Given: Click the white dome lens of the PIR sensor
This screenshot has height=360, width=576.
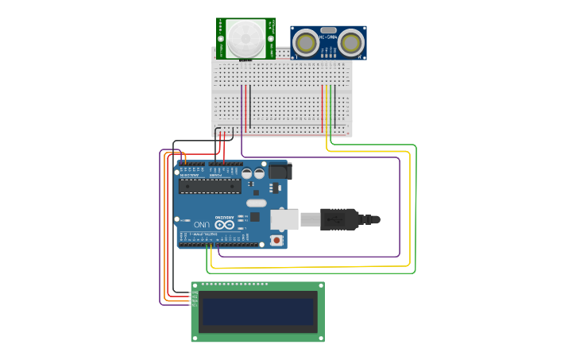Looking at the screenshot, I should coord(245,36).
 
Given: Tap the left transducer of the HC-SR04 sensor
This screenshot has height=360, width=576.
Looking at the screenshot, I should coord(303,42).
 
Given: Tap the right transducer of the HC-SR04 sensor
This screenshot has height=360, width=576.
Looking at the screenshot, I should coord(353,42).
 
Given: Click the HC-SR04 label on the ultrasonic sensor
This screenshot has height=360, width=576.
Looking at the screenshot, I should coord(328,36).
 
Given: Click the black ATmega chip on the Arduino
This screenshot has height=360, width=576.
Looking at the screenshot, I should coord(210,186).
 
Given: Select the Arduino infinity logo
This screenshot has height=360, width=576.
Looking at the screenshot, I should coord(225,225).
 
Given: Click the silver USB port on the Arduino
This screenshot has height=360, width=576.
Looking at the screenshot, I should coord(285,219).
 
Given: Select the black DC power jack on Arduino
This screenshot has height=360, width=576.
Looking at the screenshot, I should coord(279,171).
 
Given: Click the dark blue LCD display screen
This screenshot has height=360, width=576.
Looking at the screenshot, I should coord(257,312).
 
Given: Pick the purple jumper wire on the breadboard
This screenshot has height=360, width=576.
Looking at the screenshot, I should coord(242,107).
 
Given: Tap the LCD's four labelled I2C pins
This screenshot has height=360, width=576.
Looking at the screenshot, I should coord(193,299).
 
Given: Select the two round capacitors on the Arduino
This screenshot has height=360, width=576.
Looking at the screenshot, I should coord(253,172).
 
